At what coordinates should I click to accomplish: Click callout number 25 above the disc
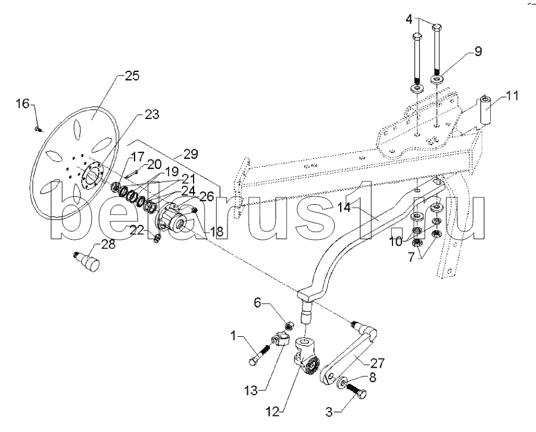[x=132, y=76]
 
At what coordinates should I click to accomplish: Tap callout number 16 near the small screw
[x=22, y=104]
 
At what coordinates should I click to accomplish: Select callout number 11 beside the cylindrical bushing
[x=513, y=95]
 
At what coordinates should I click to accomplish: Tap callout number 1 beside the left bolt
[x=233, y=337]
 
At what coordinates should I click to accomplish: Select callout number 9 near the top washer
[x=478, y=52]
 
